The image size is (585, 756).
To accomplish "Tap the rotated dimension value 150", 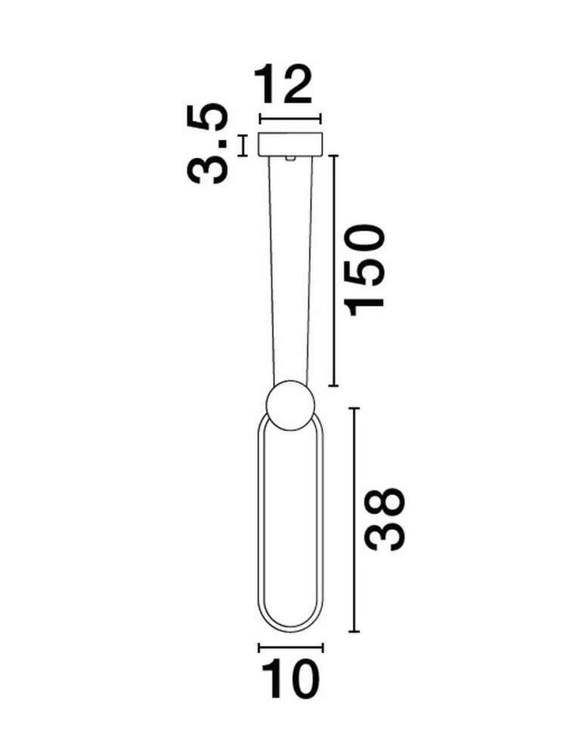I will pyautogui.click(x=366, y=267).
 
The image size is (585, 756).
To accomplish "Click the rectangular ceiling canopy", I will pyautogui.click(x=291, y=144).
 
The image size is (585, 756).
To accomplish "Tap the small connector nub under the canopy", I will pyautogui.click(x=290, y=158).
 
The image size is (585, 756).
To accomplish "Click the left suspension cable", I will pyautogui.click(x=274, y=272).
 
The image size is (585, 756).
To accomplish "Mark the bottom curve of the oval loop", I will pyautogui.click(x=291, y=630).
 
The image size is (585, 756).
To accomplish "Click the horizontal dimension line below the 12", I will pyautogui.click(x=291, y=118).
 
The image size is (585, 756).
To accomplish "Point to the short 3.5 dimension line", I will pyautogui.click(x=243, y=145).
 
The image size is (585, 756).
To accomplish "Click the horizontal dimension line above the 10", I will pyautogui.click(x=291, y=647).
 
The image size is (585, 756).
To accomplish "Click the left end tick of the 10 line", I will pyautogui.click(x=259, y=647).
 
